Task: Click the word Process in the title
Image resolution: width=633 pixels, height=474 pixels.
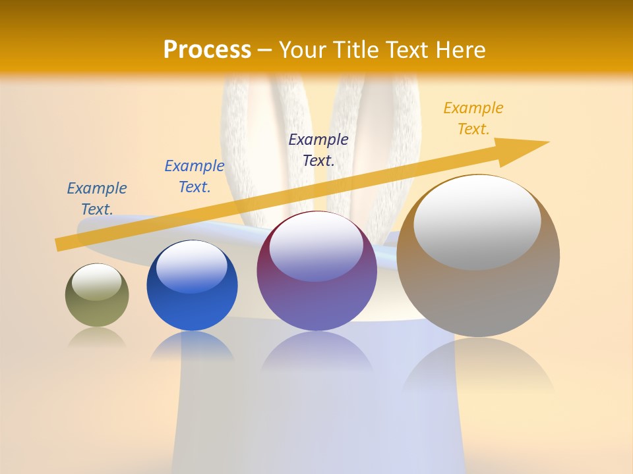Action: (207, 49)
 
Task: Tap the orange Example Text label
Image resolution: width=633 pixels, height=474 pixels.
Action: (473, 118)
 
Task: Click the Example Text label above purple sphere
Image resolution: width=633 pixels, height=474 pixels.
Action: (318, 149)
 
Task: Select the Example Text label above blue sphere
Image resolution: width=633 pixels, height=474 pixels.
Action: (195, 176)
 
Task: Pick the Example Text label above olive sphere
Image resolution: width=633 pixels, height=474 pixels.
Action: (97, 198)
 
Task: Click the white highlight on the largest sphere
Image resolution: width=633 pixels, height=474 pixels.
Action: (477, 221)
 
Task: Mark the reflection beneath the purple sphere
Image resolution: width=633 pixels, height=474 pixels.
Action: (316, 352)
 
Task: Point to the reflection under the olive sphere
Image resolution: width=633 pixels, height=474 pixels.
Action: (97, 338)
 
